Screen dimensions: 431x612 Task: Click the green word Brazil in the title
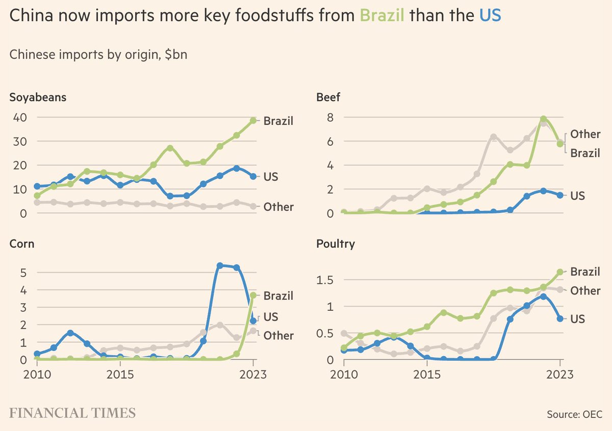point(382,16)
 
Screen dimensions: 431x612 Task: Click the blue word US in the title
point(490,16)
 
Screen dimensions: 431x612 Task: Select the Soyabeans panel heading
point(38,97)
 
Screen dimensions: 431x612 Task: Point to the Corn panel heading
point(22,244)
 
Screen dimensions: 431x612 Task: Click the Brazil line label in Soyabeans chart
point(278,121)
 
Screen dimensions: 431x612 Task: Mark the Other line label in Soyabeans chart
point(278,207)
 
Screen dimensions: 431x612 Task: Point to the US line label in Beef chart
point(577,196)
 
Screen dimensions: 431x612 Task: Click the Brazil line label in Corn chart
point(278,295)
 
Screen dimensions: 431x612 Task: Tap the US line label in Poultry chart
point(577,319)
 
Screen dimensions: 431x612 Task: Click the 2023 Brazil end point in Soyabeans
point(253,121)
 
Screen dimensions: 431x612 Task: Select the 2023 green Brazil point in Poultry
point(559,272)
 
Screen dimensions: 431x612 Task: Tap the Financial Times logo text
point(72,413)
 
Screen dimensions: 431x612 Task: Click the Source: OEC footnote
point(574,415)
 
